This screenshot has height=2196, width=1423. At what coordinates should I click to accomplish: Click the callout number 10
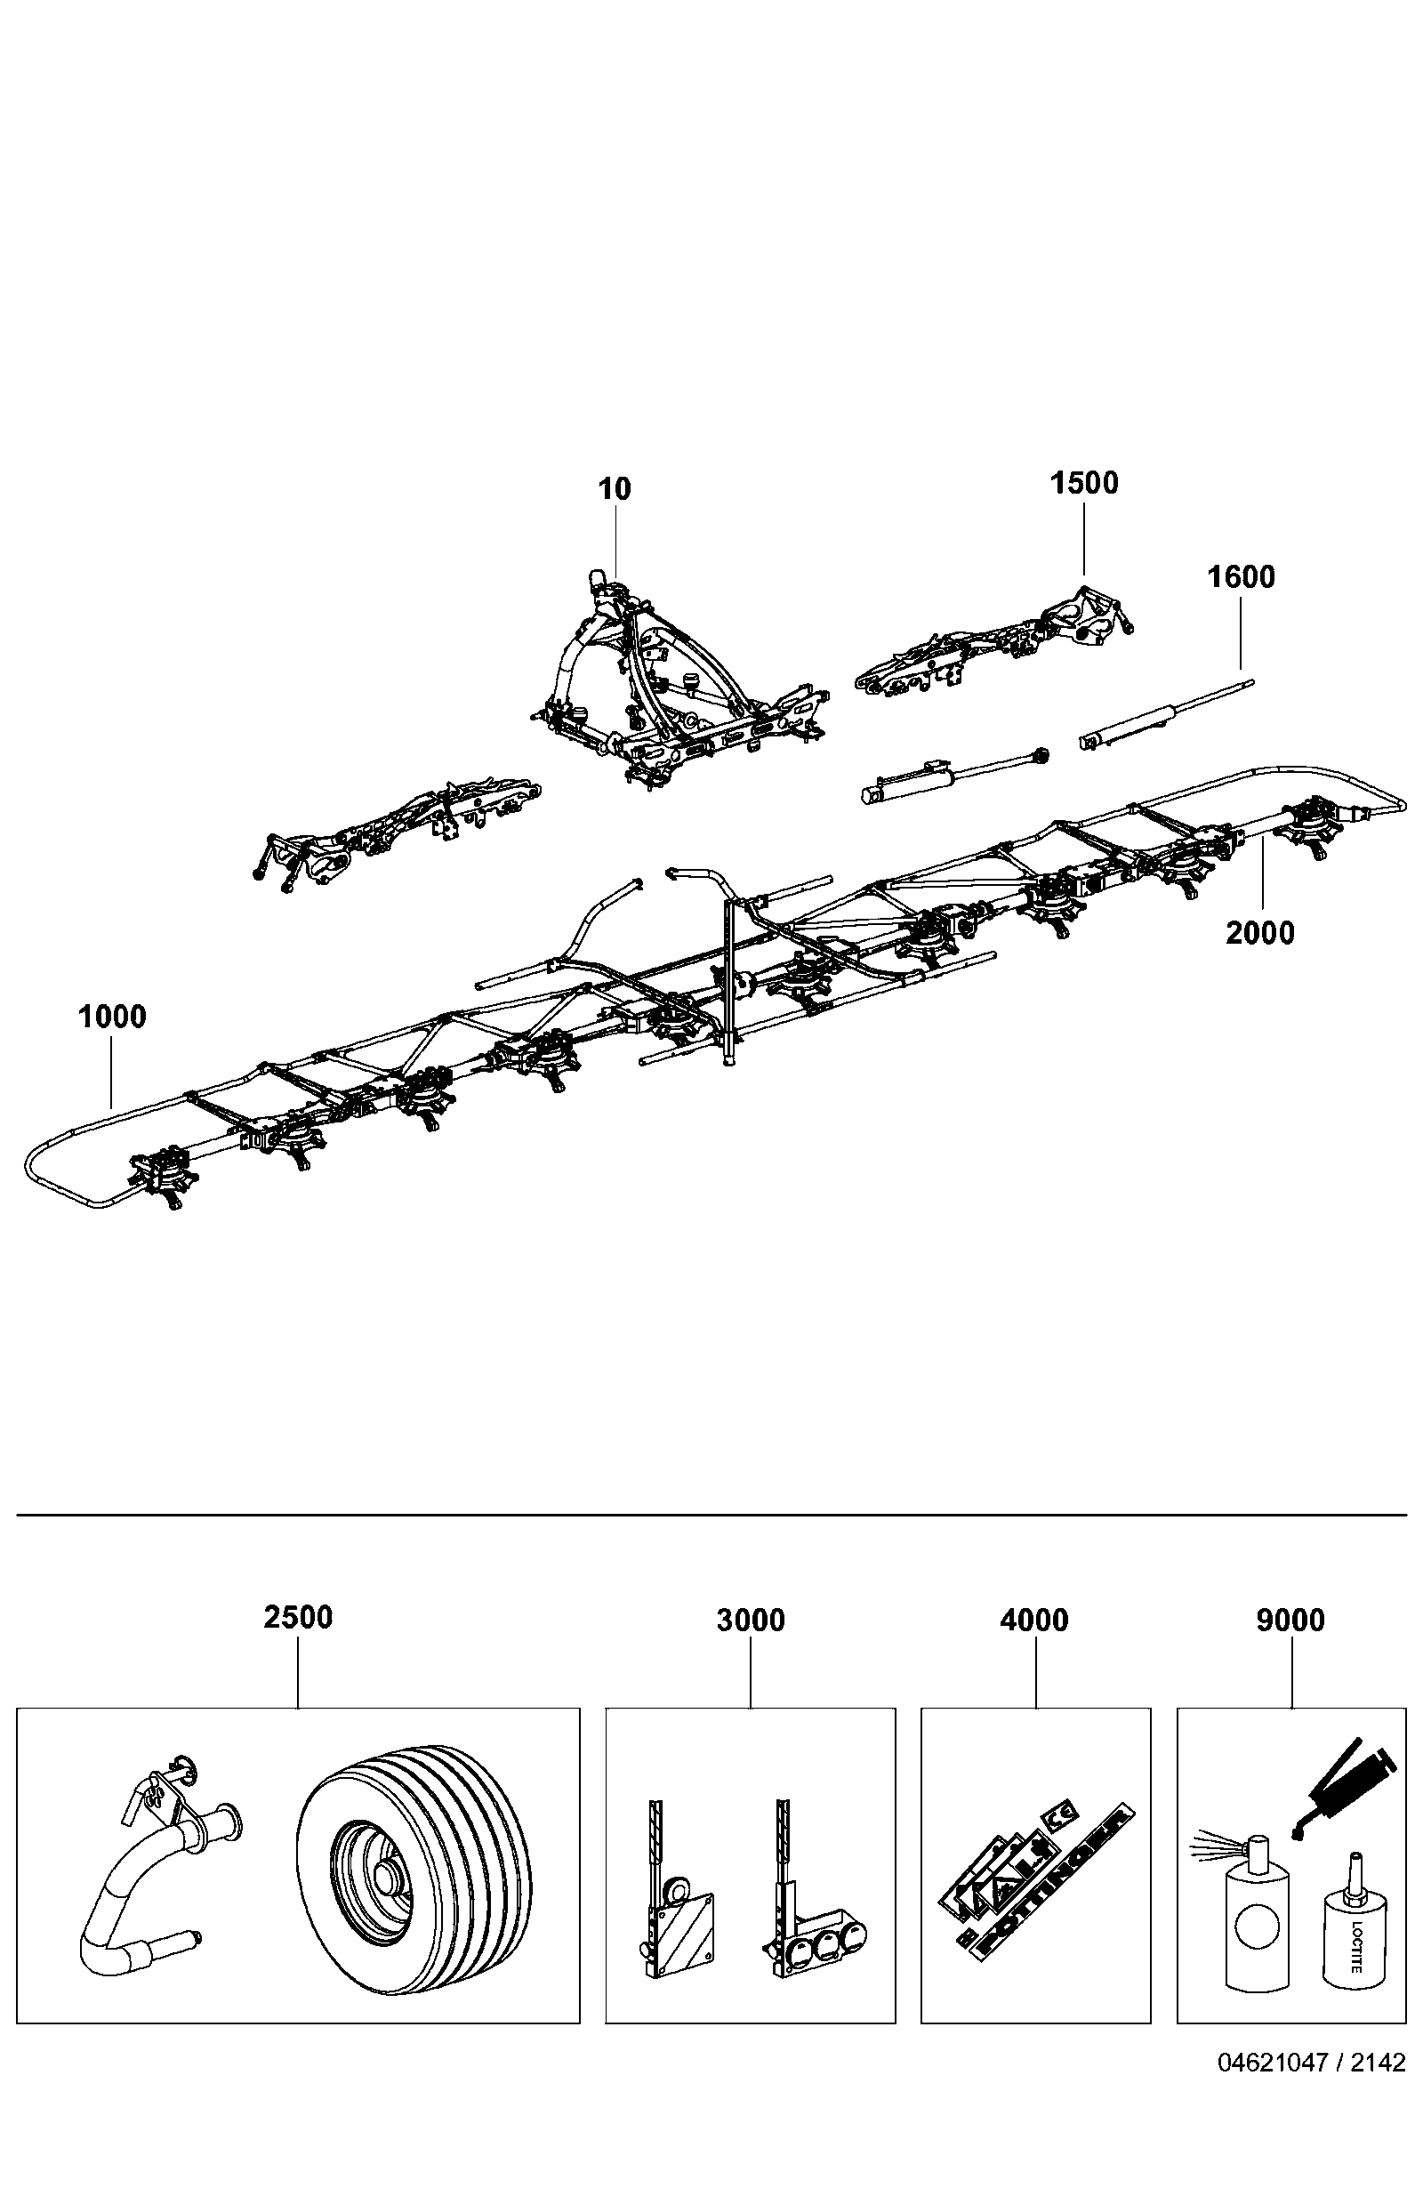click(615, 489)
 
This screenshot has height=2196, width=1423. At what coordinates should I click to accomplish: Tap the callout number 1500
click(1084, 483)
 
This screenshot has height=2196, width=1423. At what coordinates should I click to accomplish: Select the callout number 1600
click(1242, 576)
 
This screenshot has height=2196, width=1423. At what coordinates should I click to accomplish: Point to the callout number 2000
click(1259, 933)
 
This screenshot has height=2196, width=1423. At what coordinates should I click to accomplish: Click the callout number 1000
click(113, 1017)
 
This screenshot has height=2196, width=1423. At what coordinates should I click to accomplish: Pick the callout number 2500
click(298, 1618)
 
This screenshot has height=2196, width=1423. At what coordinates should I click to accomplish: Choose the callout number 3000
click(752, 1621)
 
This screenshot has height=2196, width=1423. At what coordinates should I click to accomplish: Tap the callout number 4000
click(1034, 1621)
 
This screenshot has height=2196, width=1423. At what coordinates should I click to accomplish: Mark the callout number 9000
click(1290, 1621)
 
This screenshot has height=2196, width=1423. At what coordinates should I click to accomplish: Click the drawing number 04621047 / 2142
click(1312, 2063)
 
